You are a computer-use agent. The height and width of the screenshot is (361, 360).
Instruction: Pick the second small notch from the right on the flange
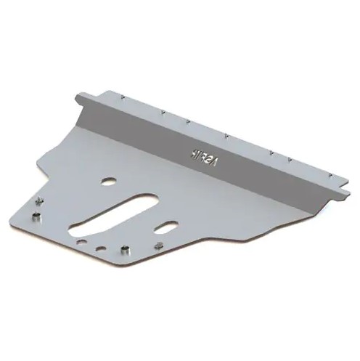290,158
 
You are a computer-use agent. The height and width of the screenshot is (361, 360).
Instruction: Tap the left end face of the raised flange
81,112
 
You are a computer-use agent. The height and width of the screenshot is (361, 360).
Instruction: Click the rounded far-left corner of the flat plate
15,210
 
